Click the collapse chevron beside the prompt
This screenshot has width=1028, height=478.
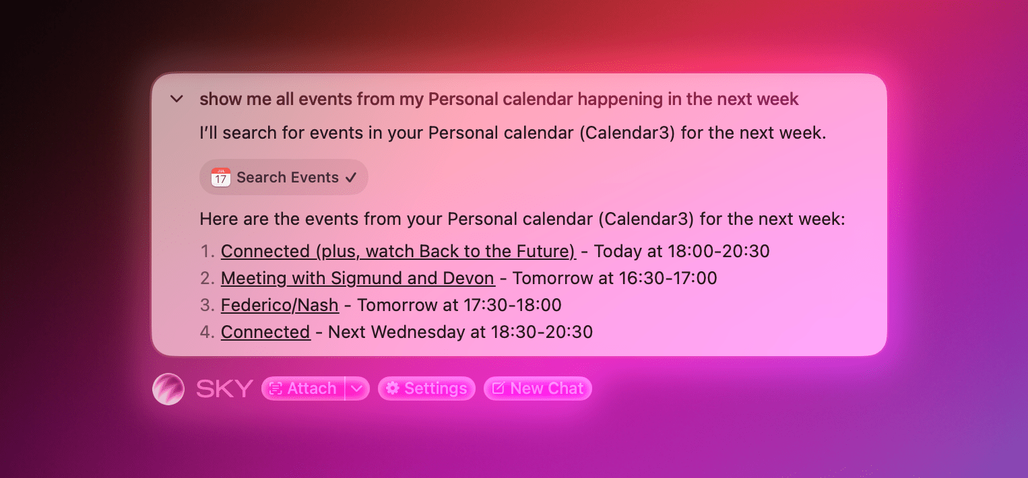tap(176, 98)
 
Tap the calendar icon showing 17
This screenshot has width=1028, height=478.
tap(221, 177)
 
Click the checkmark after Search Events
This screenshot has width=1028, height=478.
tap(351, 178)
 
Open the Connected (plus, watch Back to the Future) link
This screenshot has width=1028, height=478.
tap(398, 251)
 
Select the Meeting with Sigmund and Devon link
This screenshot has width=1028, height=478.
tap(358, 279)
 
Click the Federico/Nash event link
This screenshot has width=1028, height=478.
tap(280, 305)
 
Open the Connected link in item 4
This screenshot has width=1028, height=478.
tap(265, 332)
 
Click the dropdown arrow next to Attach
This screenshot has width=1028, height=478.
tap(357, 388)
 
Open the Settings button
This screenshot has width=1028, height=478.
tap(426, 388)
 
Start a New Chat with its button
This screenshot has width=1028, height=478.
tap(538, 388)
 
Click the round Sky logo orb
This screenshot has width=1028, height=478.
tap(168, 389)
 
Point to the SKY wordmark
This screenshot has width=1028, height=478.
tap(224, 389)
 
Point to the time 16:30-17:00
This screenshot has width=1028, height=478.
tap(668, 279)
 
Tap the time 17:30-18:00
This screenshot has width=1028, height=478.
tap(512, 305)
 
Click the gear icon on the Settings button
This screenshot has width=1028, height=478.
tap(392, 388)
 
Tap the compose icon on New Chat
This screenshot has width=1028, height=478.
tap(499, 388)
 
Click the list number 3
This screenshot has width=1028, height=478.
tap(205, 305)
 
